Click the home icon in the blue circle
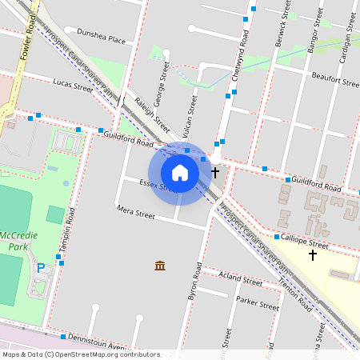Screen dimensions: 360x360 coord(180,172)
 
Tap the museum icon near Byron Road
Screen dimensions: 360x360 coord(160,265)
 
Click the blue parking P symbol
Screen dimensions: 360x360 coord(41,267)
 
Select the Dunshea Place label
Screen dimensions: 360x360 coord(101,37)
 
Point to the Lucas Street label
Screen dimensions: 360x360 coord(73,83)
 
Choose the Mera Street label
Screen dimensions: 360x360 coord(135,214)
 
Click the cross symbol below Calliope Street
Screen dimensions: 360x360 coord(312,255)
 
